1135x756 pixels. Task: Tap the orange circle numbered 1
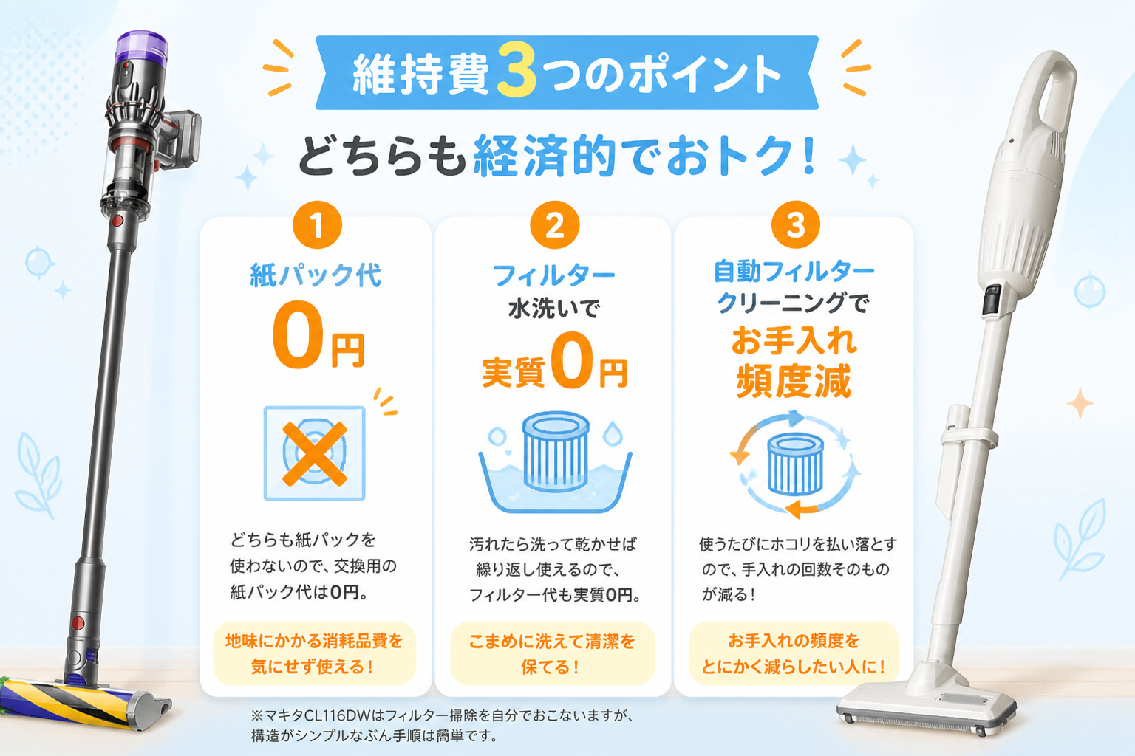point(317,225)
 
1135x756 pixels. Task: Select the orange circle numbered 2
point(554,225)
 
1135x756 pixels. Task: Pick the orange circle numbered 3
point(796,225)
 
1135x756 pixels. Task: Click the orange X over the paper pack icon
point(315,454)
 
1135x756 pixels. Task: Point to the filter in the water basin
point(556,452)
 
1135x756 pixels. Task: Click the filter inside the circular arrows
point(796,464)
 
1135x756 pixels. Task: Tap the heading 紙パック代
point(316,275)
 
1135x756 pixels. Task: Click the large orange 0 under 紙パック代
point(298,334)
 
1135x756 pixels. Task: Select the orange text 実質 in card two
point(513,372)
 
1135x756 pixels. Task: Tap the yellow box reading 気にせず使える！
point(314,653)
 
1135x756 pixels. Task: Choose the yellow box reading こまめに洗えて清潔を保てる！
point(552,653)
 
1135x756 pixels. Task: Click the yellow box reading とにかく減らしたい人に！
point(794,653)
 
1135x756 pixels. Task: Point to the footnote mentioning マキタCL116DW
point(442,725)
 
